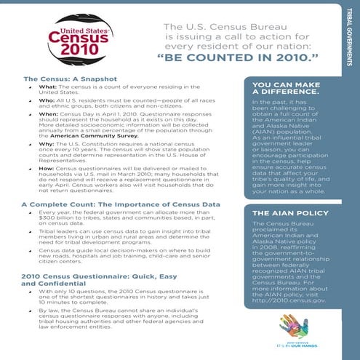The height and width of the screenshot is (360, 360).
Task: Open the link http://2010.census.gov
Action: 287,300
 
